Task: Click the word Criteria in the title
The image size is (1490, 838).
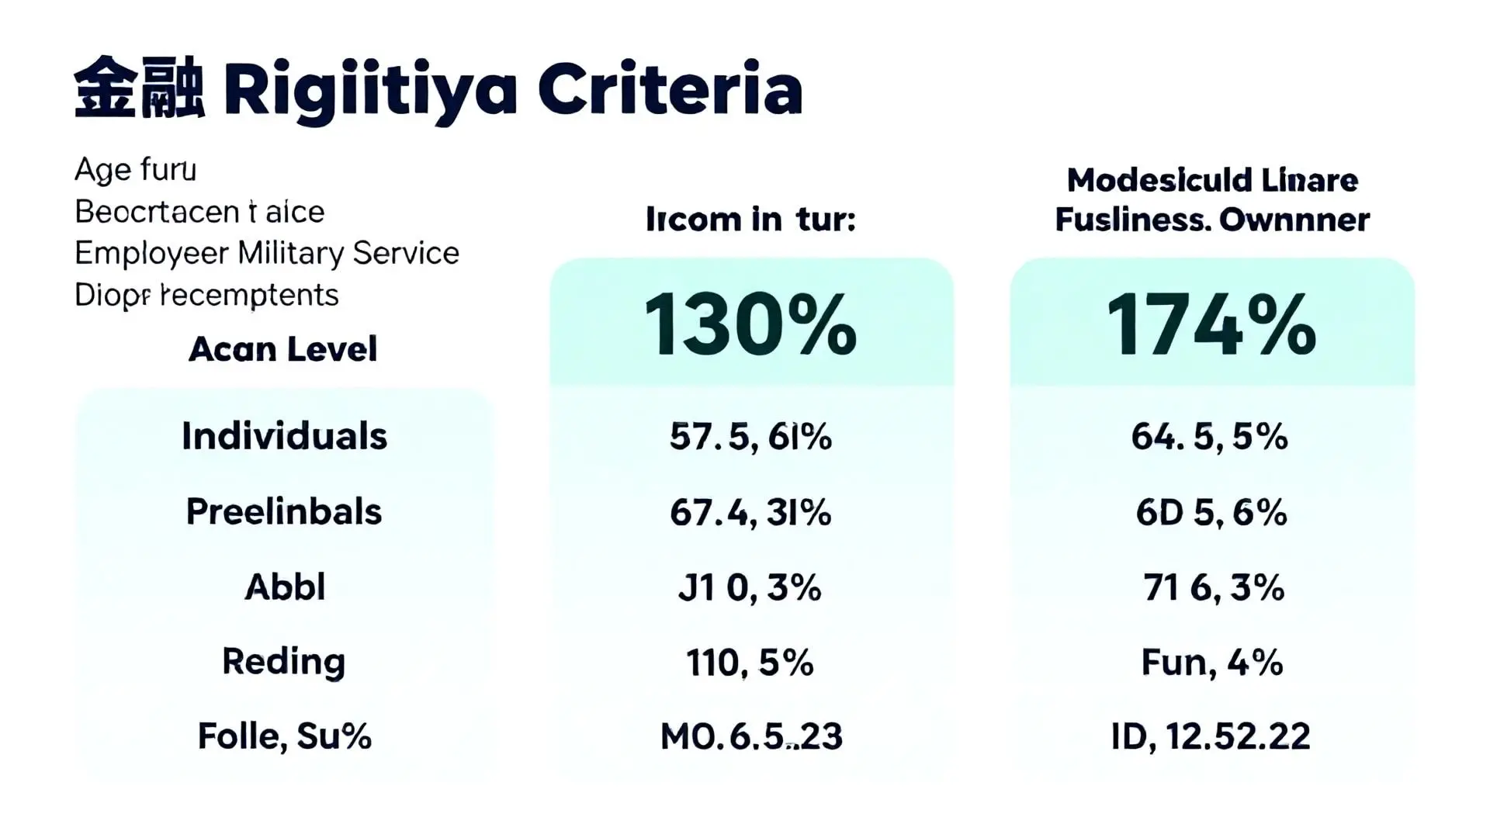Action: [670, 91]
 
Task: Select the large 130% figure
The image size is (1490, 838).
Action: [750, 325]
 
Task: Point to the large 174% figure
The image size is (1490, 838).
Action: [1211, 325]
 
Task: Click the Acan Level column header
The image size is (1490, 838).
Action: [283, 349]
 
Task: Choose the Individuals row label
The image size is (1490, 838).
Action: [284, 436]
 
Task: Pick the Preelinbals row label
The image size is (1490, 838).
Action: [284, 511]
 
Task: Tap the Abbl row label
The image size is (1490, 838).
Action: [285, 587]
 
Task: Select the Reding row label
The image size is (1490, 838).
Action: [284, 661]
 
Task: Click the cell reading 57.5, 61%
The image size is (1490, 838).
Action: [750, 437]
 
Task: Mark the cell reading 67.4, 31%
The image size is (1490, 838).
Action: [750, 512]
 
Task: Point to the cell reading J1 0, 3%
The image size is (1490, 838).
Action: [750, 587]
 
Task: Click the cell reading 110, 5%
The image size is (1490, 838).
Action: [750, 663]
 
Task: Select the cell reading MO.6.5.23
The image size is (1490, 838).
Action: [750, 736]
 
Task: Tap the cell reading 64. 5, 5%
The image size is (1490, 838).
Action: [1210, 437]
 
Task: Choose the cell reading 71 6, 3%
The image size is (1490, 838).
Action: [1214, 587]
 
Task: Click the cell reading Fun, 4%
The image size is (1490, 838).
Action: [1211, 663]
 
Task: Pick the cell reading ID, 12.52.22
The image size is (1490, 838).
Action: [1211, 736]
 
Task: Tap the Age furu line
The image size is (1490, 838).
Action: [135, 169]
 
